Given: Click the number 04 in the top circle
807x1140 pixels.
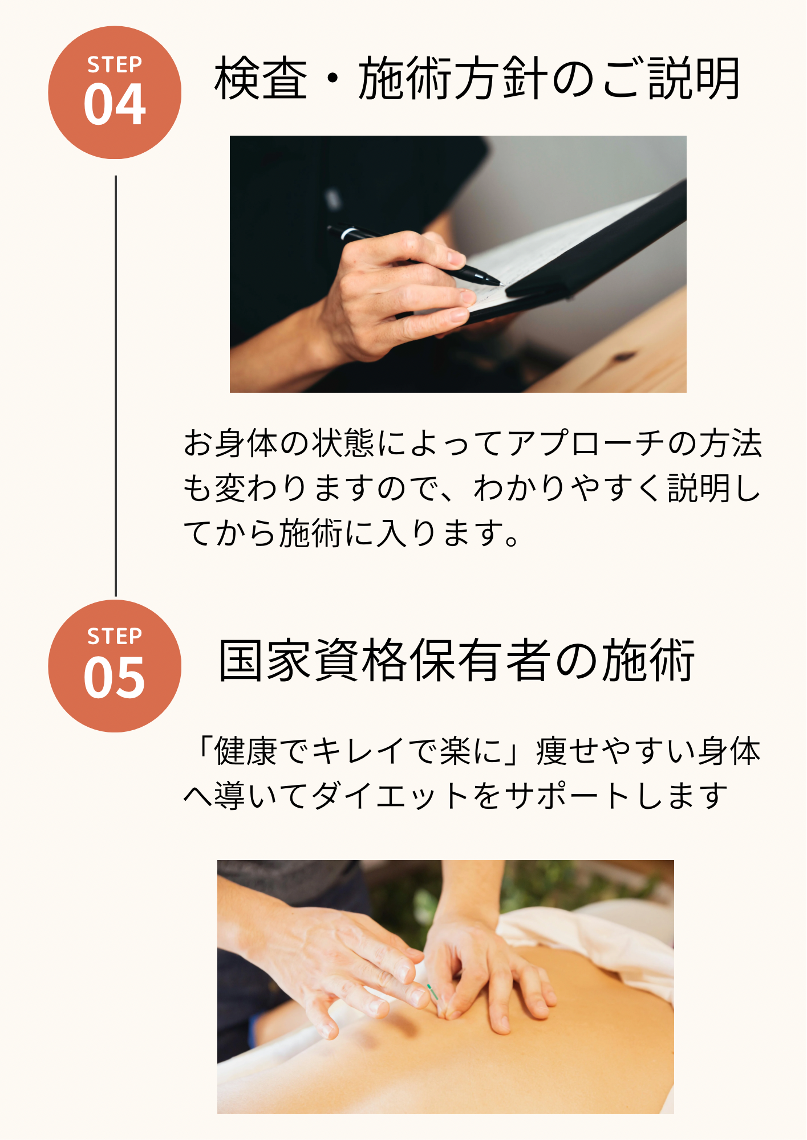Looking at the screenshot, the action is pyautogui.click(x=115, y=104).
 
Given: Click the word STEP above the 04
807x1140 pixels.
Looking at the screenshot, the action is pyautogui.click(x=115, y=64).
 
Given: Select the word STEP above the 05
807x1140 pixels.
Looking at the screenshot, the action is pyautogui.click(x=115, y=636).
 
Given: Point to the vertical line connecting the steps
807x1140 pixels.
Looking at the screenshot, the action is pyautogui.click(x=116, y=386).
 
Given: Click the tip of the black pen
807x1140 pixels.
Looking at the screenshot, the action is pyautogui.click(x=500, y=283).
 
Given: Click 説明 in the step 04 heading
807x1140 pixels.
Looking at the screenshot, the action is pyautogui.click(x=694, y=79).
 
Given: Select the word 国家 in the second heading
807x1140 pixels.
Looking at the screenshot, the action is pyautogui.click(x=266, y=660).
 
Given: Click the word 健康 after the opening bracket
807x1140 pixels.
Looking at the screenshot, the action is pyautogui.click(x=246, y=751).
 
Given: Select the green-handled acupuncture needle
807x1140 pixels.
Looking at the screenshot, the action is pyautogui.click(x=433, y=992).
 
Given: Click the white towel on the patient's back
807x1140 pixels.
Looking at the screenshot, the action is pyautogui.click(x=593, y=935).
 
